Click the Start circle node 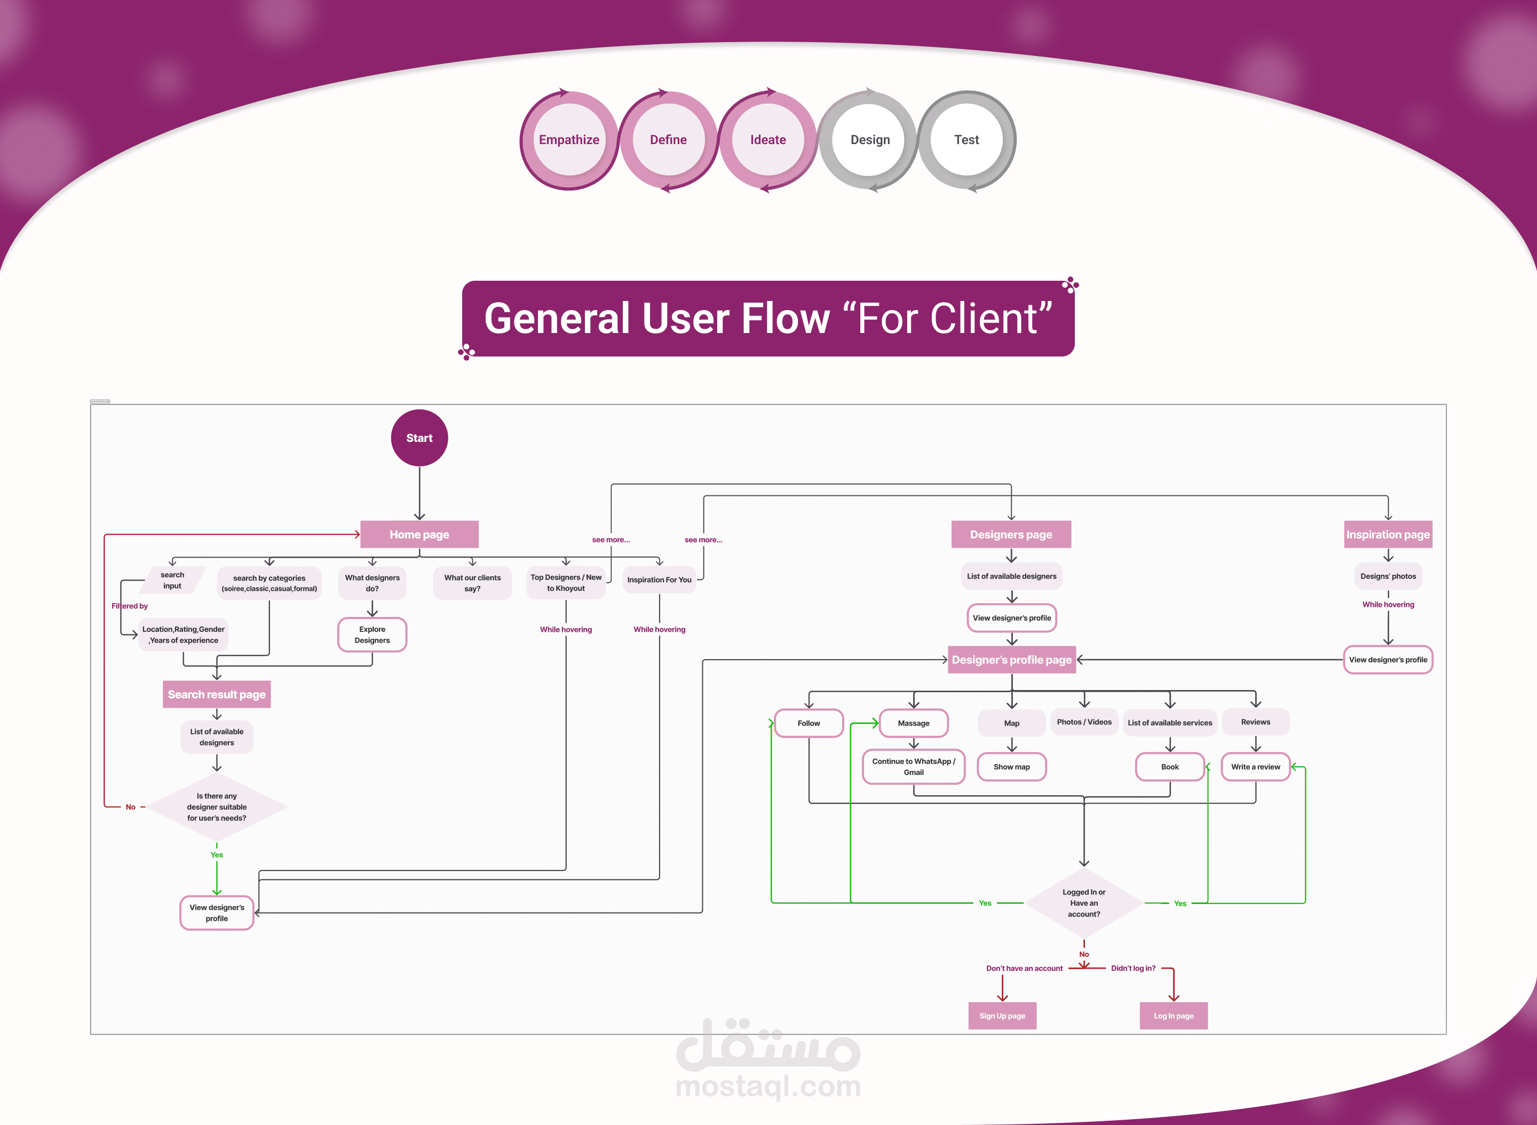(x=419, y=438)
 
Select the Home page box (x=419, y=535)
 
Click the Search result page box (x=217, y=695)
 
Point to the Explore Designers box (x=372, y=635)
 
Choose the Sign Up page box (x=1002, y=1016)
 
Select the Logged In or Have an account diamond (x=1083, y=903)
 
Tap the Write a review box (x=1255, y=767)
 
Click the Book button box (x=1169, y=767)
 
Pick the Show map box (x=1011, y=767)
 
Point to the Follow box (x=809, y=723)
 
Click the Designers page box (x=1011, y=535)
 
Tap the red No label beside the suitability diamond (x=130, y=807)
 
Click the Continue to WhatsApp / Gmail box (x=913, y=767)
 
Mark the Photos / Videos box (x=1083, y=722)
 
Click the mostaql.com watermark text (x=767, y=1086)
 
